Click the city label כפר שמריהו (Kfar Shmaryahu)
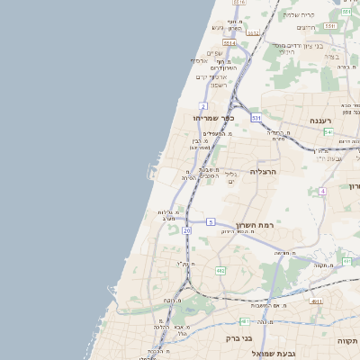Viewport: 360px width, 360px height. (x=214, y=118)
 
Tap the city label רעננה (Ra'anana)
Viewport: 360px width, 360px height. (x=322, y=120)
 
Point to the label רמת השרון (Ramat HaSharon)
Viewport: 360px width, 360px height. (x=256, y=225)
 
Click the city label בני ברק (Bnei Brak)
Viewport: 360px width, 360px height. (x=244, y=339)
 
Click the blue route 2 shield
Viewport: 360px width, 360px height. (x=204, y=105)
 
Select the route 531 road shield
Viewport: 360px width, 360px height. (x=256, y=118)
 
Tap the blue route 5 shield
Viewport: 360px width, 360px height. (x=211, y=221)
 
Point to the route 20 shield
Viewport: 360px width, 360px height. (x=186, y=231)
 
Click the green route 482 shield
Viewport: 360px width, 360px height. (x=220, y=270)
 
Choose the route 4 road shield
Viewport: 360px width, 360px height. (x=322, y=192)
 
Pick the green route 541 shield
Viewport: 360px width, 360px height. (x=328, y=131)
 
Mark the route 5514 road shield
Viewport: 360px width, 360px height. (x=229, y=42)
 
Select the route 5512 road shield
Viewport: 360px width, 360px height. (x=254, y=33)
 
